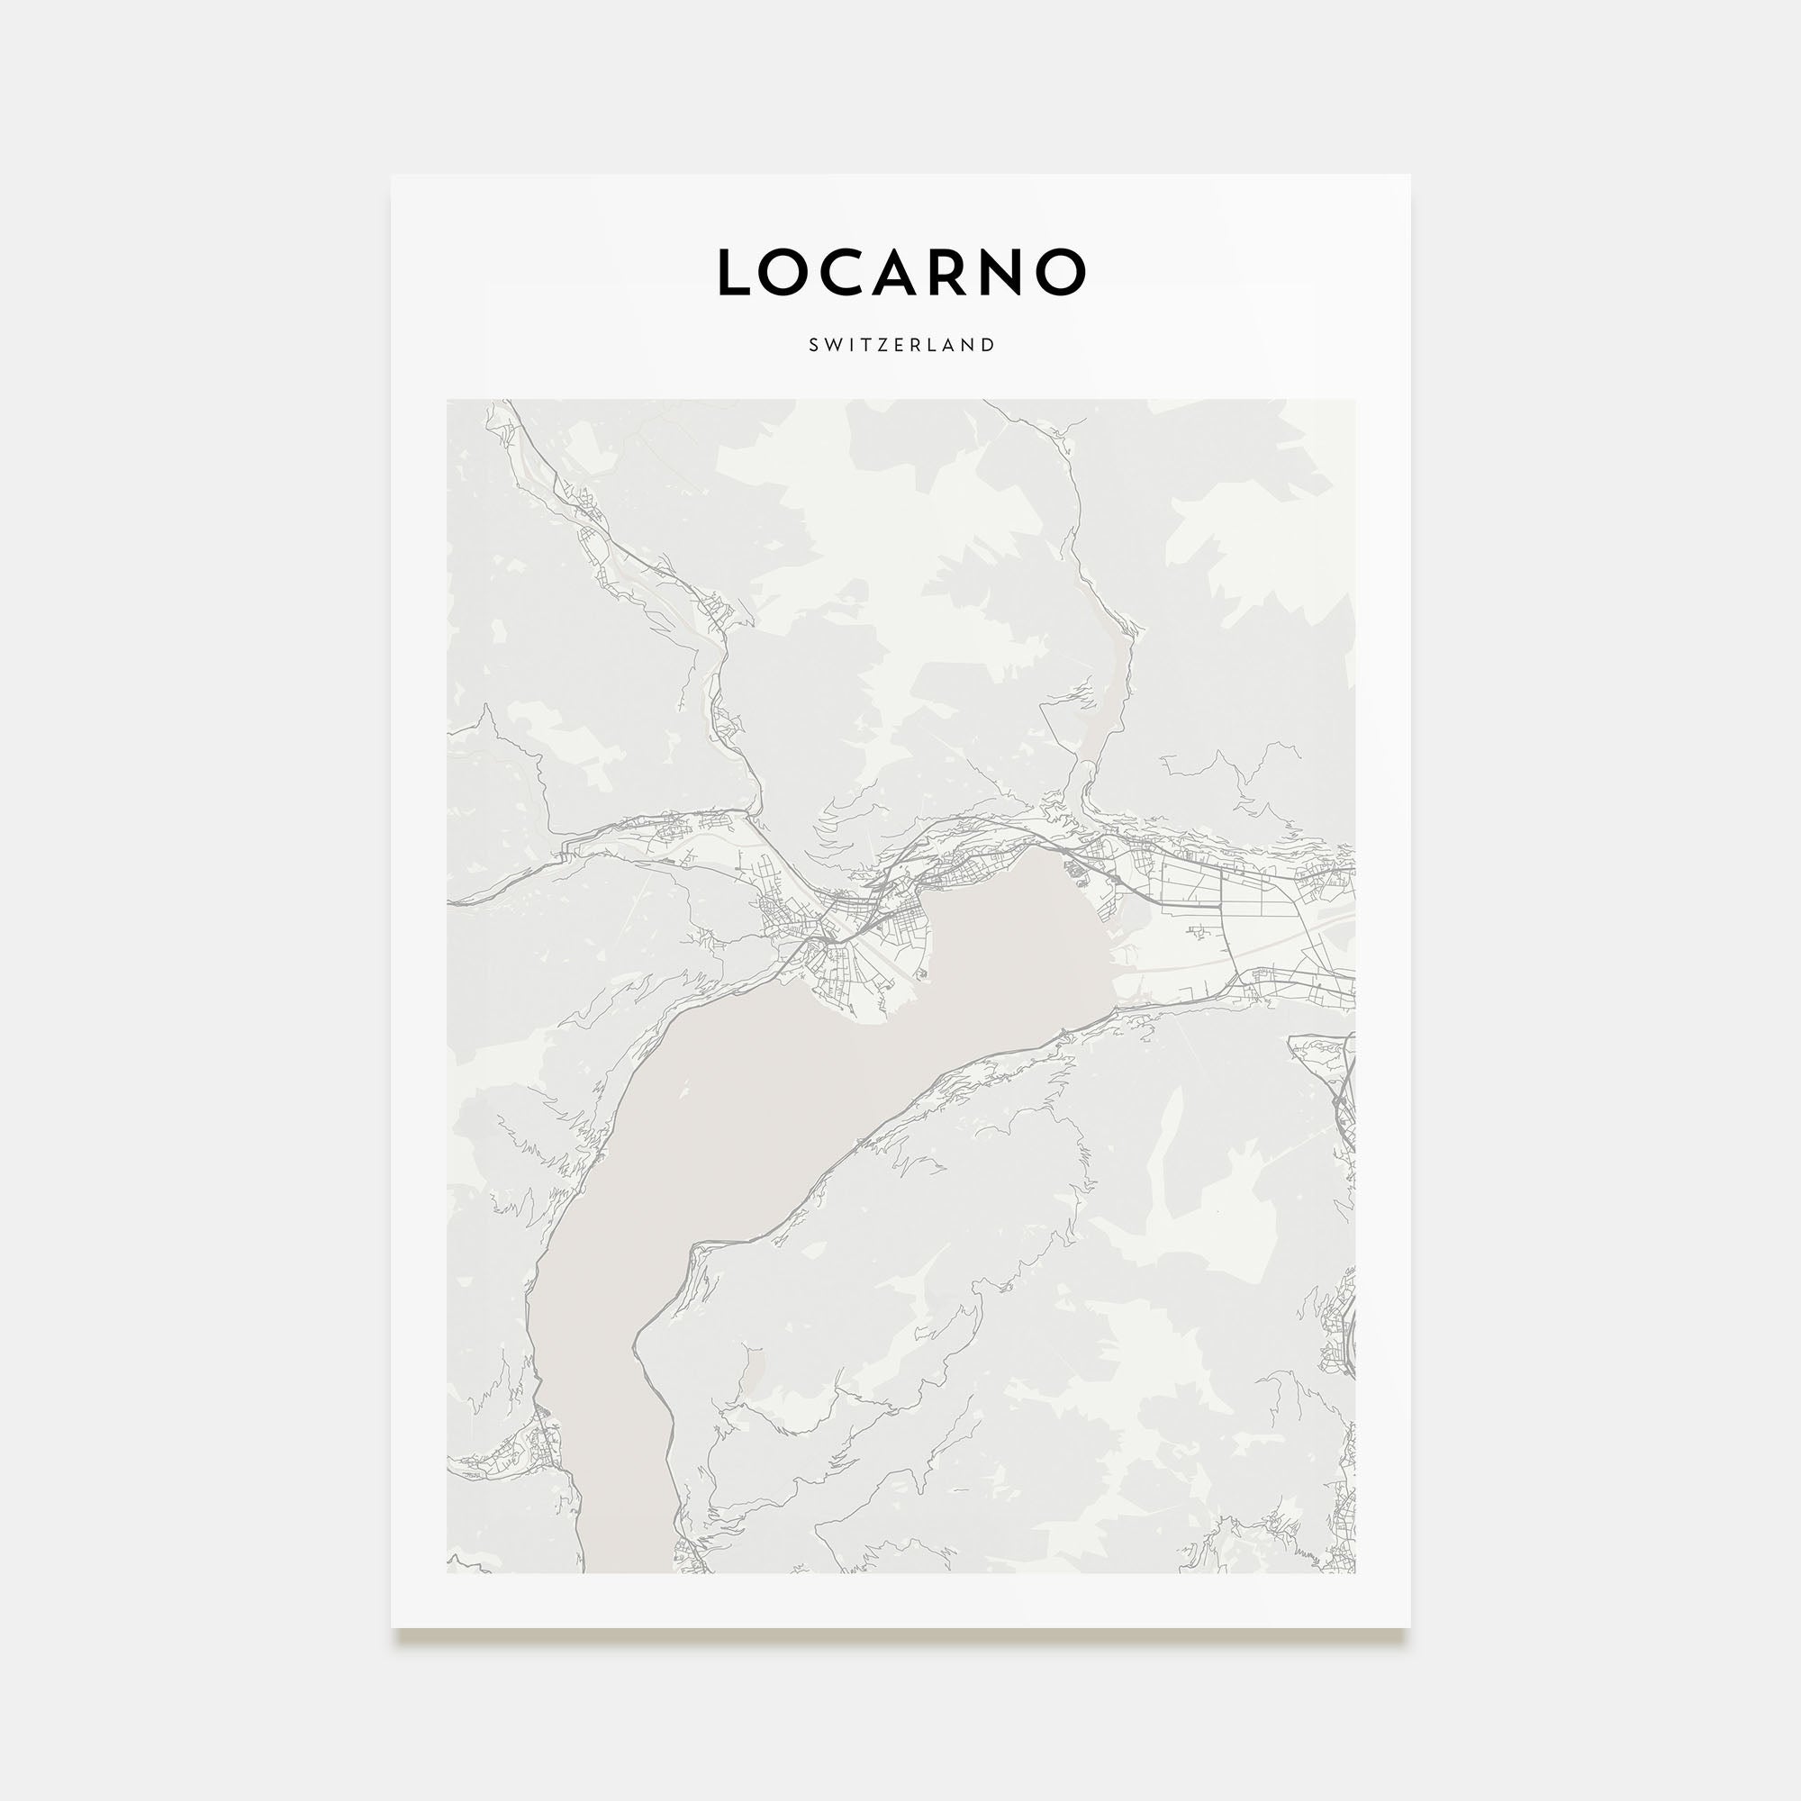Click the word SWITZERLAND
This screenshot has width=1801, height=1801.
901,345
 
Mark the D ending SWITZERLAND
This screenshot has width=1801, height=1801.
989,345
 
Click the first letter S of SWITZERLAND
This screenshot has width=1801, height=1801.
814,345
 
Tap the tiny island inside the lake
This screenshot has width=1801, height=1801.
685,1085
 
